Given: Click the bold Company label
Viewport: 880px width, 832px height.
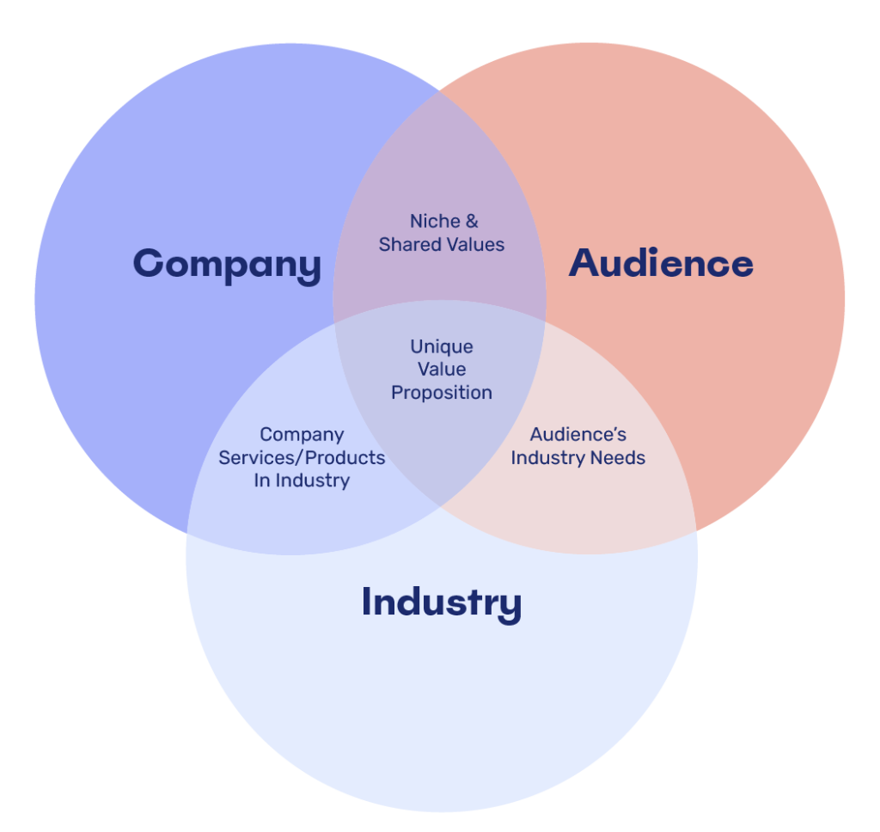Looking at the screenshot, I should [227, 264].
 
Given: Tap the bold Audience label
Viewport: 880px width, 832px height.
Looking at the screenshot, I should [661, 263].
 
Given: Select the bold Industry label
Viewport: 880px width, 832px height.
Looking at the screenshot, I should [441, 602].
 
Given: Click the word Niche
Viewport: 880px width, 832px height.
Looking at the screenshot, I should [435, 222].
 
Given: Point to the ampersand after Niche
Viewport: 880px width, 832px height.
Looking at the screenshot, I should [472, 222].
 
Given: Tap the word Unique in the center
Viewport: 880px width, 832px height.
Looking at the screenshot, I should [442, 347].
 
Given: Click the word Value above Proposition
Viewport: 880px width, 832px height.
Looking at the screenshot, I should [442, 370].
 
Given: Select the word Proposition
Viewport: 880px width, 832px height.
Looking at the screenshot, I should [442, 393].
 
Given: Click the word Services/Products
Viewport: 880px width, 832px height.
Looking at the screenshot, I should [302, 458].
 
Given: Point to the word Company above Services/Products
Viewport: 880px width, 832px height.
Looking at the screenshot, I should [302, 435].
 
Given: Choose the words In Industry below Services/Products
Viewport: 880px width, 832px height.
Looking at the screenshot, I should [302, 480].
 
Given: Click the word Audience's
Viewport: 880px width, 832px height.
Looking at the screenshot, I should [578, 435].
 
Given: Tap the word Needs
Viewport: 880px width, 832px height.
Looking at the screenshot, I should [620, 458].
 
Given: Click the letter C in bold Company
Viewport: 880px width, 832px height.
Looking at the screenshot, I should [148, 263].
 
